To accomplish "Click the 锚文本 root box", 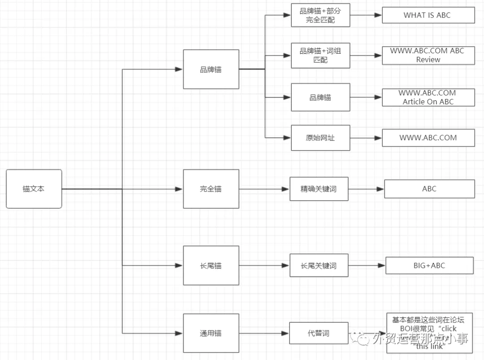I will tap(34, 189).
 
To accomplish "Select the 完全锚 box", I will tap(211, 189).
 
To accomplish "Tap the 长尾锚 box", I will tap(211, 266).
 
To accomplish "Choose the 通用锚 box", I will tap(211, 333).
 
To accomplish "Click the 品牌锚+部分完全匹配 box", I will tap(320, 15).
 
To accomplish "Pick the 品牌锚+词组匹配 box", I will tap(320, 55).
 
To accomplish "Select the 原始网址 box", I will tap(320, 137).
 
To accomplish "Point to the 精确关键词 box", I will tap(318, 189).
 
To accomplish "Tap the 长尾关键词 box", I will tap(318, 266).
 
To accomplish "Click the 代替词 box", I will tap(318, 333).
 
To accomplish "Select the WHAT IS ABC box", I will tap(428, 15).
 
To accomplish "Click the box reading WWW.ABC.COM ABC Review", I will tap(428, 55).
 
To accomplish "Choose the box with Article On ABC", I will tap(428, 97).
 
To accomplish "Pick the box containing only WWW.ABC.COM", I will tap(428, 137).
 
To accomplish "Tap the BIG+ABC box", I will tap(429, 266).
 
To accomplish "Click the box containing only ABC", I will tap(429, 189).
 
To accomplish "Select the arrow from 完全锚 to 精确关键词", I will tap(264, 189).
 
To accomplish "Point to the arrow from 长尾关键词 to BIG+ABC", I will tap(367, 266).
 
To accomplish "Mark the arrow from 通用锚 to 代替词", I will tap(264, 333).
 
